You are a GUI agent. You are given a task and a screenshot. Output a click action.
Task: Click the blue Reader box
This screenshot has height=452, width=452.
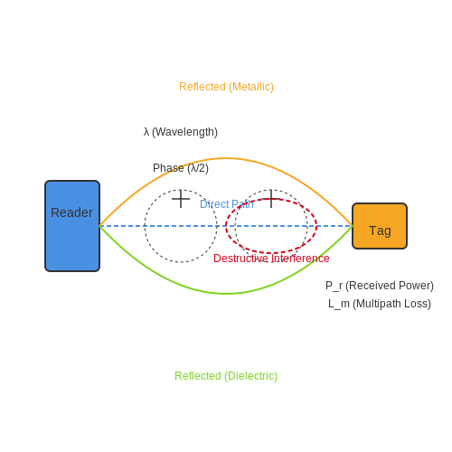pyautogui.click(x=72, y=226)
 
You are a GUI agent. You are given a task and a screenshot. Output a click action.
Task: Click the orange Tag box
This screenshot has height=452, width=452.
pyautogui.click(x=380, y=226)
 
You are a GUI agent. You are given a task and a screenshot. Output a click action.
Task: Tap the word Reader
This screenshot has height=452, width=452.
pyautogui.click(x=71, y=212)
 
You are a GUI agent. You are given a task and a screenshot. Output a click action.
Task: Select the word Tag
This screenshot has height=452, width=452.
pyautogui.click(x=380, y=231)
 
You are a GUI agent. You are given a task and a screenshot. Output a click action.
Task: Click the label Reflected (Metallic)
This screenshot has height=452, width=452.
pyautogui.click(x=226, y=87)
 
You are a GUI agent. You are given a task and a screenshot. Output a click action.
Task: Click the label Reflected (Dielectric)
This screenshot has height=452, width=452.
pyautogui.click(x=226, y=376)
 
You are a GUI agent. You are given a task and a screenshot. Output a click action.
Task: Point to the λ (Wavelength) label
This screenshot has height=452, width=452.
pyautogui.click(x=181, y=132)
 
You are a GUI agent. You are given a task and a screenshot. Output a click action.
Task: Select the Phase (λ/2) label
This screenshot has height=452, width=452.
pyautogui.click(x=181, y=168)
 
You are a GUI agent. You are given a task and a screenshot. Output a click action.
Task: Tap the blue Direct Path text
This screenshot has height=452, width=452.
pyautogui.click(x=227, y=204)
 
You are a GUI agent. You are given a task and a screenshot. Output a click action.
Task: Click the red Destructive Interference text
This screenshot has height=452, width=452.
pyautogui.click(x=271, y=259)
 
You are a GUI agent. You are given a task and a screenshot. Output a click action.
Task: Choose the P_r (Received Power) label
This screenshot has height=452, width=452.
pyautogui.click(x=380, y=286)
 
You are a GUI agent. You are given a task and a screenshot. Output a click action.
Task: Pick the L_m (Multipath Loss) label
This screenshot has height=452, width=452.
pyautogui.click(x=380, y=304)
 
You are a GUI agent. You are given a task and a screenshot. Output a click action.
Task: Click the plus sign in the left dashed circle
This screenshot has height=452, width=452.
pyautogui.click(x=181, y=199)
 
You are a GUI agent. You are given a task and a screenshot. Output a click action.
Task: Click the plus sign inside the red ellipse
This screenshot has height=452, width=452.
pyautogui.click(x=271, y=199)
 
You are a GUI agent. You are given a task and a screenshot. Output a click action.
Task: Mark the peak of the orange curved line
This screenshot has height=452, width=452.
pyautogui.click(x=226, y=158)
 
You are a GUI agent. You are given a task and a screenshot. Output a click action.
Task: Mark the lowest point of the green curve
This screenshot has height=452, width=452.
pyautogui.click(x=226, y=294)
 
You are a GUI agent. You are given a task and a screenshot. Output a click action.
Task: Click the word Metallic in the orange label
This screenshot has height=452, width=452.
pyautogui.click(x=251, y=87)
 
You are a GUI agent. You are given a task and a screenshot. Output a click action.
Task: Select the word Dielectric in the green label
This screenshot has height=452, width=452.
pyautogui.click(x=250, y=376)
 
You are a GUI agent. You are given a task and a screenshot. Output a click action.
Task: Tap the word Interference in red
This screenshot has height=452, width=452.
pyautogui.click(x=300, y=259)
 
